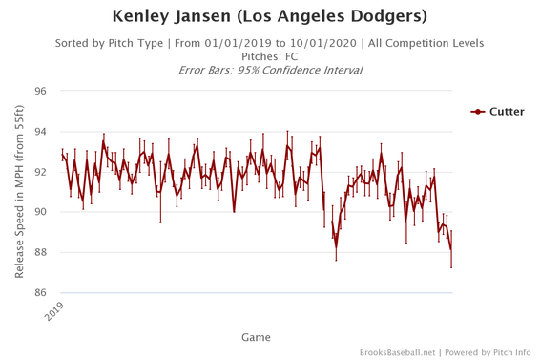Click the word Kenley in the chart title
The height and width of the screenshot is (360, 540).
[x=142, y=17]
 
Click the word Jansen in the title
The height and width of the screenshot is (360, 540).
[x=210, y=17]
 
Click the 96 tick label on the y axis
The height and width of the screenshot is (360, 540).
[x=41, y=92]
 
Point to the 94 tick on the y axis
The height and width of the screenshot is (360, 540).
[x=41, y=132]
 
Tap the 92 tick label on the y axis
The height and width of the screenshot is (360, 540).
[x=41, y=172]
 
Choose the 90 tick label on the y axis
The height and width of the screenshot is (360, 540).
[x=41, y=212]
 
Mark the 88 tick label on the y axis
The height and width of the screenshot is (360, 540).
[x=41, y=252]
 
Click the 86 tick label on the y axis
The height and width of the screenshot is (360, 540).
[x=41, y=292]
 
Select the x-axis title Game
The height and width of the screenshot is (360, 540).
[x=255, y=337]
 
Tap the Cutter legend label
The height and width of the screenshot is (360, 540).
[x=508, y=112]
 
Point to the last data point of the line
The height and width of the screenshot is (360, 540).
[x=451, y=250]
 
